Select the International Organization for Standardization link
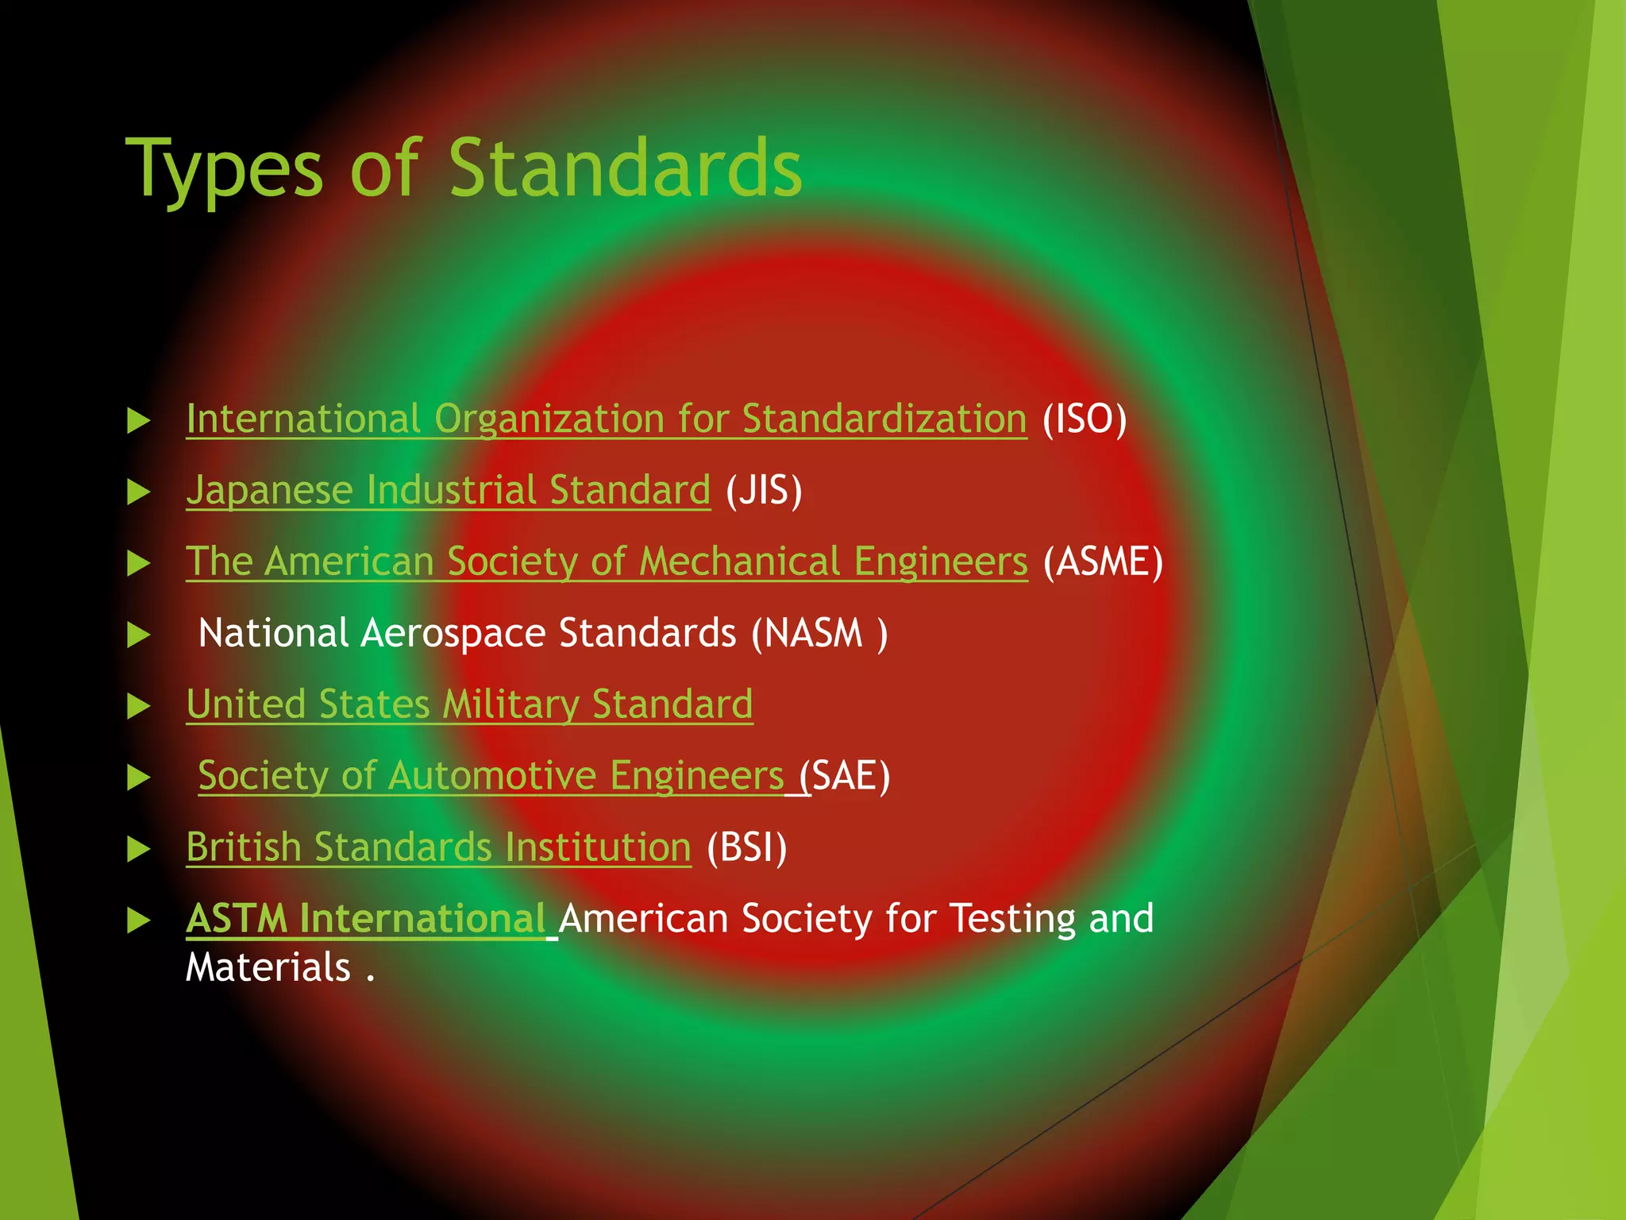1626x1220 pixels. coord(606,419)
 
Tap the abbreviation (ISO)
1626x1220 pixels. coord(1085,419)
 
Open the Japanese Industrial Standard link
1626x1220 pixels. coord(448,491)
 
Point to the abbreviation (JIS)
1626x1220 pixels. coord(764,491)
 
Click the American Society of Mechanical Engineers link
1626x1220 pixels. coord(607,562)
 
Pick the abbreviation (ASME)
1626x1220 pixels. coord(1103,562)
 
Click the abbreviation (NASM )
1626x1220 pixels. coord(820,634)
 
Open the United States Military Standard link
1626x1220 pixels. coord(469,705)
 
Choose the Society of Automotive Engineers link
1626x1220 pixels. coord(491,776)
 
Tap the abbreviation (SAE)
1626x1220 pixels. coord(846,776)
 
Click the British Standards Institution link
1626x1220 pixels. coord(438,847)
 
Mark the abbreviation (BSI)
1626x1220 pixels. coord(747,847)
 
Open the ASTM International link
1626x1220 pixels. coord(365,919)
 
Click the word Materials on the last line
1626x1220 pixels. coord(268,968)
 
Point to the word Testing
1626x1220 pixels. coord(1012,919)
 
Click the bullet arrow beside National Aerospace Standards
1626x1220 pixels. coord(139,635)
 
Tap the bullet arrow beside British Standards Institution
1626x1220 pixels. coord(139,849)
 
